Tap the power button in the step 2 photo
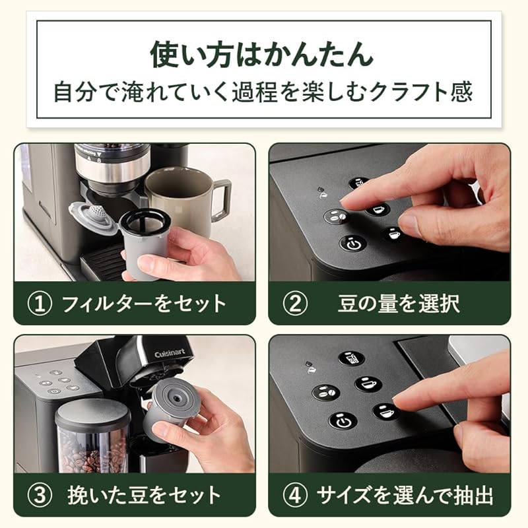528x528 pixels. click(353, 243)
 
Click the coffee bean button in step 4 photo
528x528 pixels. click(325, 391)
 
